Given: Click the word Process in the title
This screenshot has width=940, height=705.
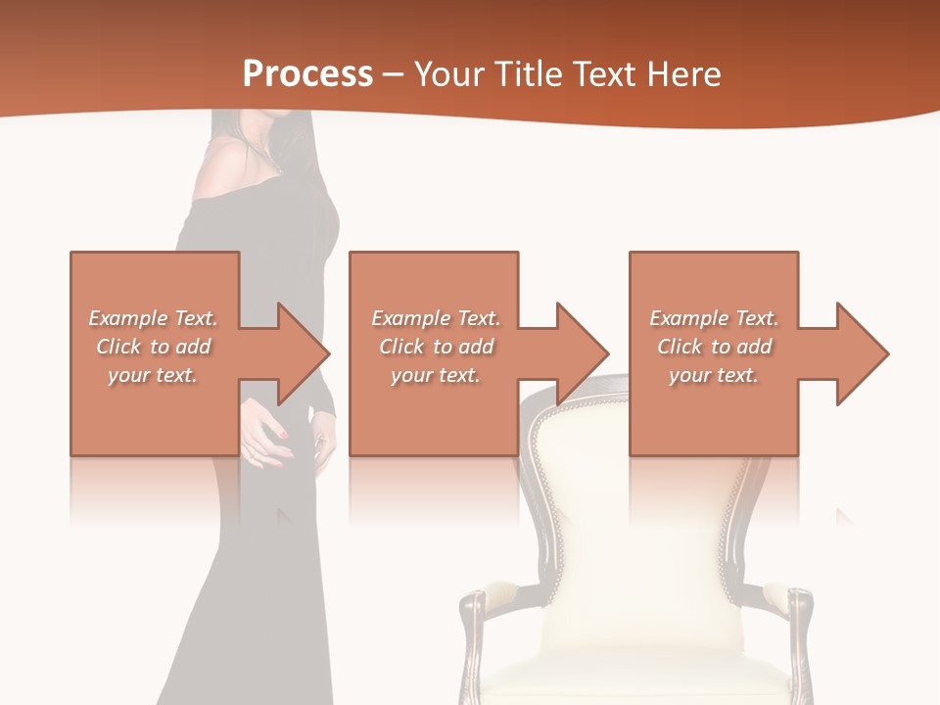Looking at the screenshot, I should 307,74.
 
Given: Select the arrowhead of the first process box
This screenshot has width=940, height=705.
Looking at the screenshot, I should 299,353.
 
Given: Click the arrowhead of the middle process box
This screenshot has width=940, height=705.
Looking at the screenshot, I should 579,353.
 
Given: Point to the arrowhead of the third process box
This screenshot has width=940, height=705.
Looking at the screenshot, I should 859,353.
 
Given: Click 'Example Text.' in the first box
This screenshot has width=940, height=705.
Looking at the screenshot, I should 153,318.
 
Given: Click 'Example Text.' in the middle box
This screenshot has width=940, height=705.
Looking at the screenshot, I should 435,318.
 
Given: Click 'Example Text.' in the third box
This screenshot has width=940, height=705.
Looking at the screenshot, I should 713,318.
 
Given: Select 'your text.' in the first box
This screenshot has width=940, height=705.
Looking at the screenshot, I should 153,375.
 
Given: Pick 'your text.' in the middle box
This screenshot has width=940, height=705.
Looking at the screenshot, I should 435,375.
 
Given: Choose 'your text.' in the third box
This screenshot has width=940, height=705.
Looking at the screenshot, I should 713,375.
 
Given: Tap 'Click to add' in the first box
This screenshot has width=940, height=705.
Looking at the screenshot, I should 153,347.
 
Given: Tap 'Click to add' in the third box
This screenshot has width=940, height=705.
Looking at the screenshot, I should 714,347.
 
